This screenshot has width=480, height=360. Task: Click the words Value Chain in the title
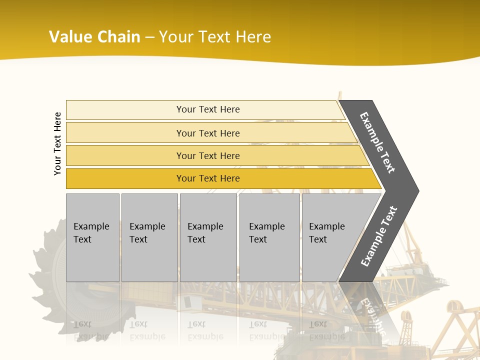94,37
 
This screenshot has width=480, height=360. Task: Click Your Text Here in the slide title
214,37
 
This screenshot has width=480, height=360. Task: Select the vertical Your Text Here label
57,143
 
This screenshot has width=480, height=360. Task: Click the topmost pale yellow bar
207,109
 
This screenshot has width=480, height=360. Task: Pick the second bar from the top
207,133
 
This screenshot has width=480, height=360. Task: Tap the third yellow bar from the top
207,155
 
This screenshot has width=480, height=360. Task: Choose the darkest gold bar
207,178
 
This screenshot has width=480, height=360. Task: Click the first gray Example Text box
92,237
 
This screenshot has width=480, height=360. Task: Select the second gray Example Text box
149,237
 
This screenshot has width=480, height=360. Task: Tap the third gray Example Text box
207,237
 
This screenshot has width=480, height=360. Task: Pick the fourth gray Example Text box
269,237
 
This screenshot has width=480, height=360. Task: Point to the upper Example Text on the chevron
378,142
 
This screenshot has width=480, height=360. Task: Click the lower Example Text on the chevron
379,236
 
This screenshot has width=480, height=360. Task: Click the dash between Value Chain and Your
149,37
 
